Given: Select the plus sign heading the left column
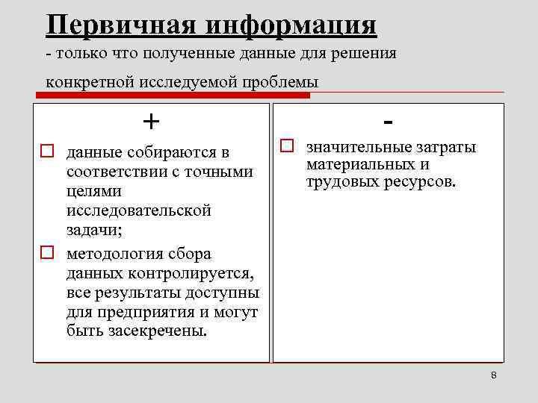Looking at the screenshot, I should pos(152,120).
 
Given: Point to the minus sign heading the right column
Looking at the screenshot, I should pos(389,119).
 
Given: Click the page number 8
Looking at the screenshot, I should pos(494,375).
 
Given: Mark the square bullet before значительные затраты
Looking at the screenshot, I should pos(287,146).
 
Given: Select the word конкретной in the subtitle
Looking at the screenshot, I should pos(89,81).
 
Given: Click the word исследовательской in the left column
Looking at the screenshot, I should pos(138,211).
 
